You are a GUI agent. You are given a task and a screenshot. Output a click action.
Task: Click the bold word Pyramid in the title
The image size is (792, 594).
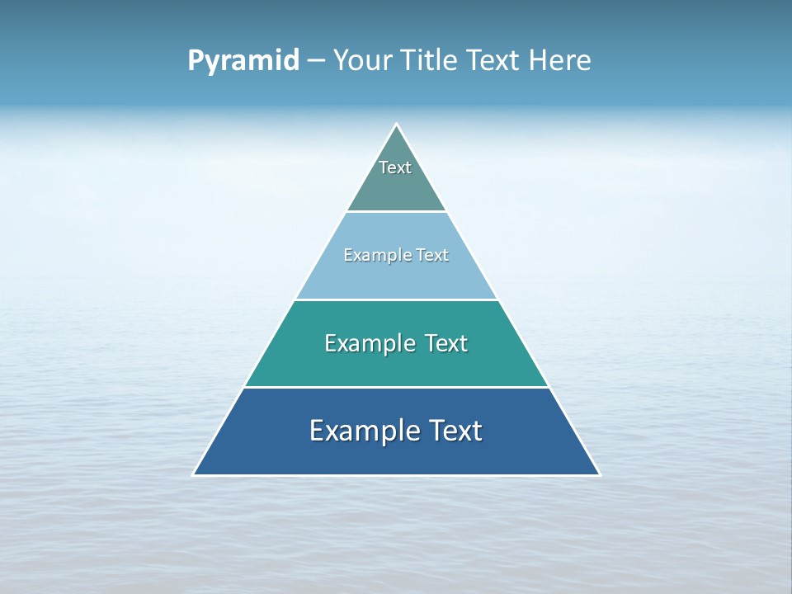243,61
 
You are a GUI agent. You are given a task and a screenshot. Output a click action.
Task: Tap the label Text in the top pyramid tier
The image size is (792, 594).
395,167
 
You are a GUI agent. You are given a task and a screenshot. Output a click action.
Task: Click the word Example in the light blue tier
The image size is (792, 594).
371,255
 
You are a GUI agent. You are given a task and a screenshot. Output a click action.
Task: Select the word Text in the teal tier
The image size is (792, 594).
446,343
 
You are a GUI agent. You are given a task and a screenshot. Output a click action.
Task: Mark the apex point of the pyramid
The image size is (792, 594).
397,125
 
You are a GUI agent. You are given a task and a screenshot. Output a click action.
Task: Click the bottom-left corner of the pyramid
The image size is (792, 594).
194,474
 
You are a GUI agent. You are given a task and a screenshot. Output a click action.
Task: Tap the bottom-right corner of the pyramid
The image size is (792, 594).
600,474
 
